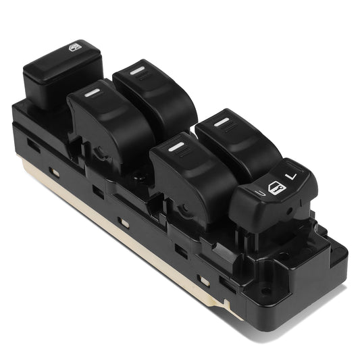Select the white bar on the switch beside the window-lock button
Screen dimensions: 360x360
tap(94, 92)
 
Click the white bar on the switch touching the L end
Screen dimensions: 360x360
tap(220, 122)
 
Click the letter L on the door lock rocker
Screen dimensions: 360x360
tap(291, 176)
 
